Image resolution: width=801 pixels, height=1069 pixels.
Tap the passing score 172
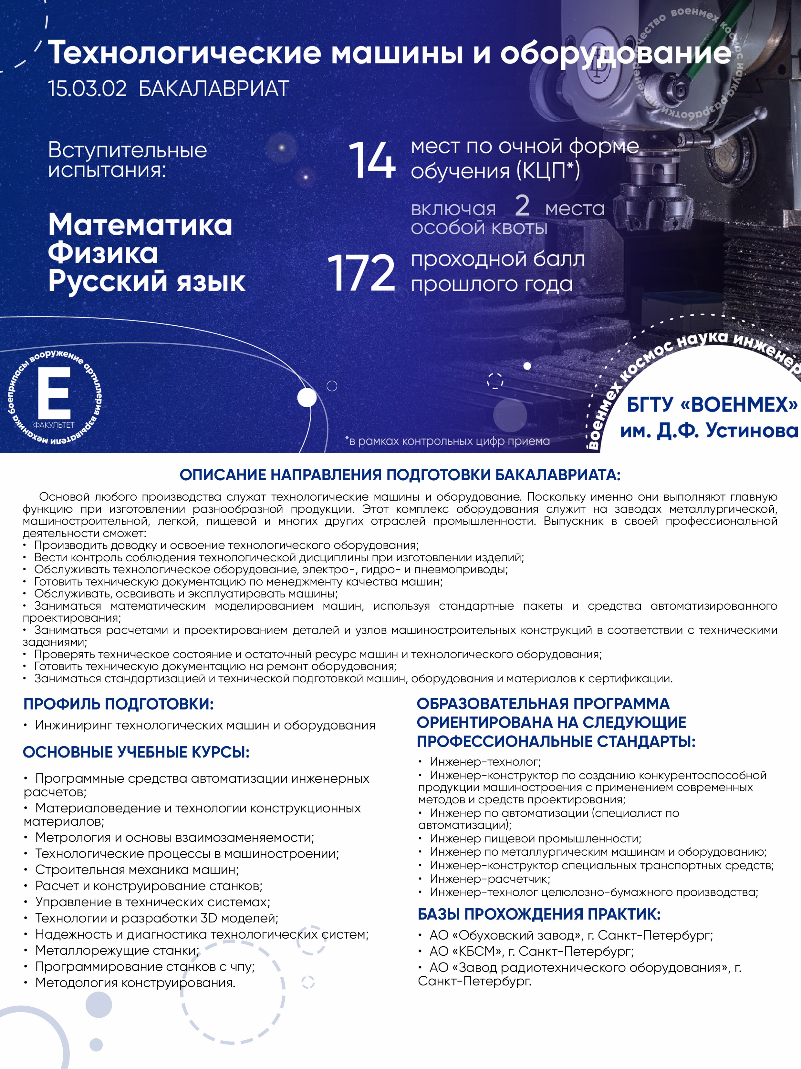coord(361,273)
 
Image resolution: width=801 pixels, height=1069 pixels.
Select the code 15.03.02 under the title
coord(87,89)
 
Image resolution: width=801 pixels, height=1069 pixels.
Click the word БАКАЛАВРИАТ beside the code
coord(214,89)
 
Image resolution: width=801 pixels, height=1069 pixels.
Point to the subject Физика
coord(103,253)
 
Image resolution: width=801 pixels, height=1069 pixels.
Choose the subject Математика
coord(140,225)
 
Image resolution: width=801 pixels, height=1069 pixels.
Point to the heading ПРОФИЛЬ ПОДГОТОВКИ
coord(119,704)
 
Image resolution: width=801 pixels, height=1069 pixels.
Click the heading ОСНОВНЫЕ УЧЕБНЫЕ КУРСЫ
coord(136,752)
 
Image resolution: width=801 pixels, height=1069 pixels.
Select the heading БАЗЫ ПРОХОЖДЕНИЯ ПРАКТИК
coord(539,914)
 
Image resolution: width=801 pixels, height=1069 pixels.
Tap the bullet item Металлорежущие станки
coord(117,950)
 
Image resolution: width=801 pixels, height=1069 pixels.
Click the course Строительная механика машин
coord(137,870)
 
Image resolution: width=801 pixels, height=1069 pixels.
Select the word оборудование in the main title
coord(615,53)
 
